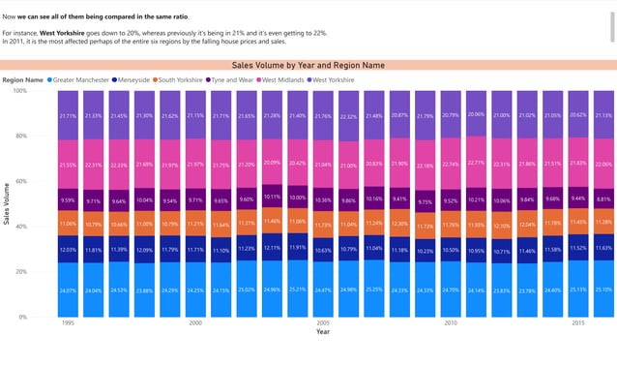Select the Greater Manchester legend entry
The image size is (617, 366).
pyautogui.click(x=81, y=79)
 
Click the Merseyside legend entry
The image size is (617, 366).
pyautogui.click(x=134, y=79)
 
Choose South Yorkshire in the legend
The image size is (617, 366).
pyautogui.click(x=181, y=79)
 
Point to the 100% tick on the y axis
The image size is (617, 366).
pyautogui.click(x=19, y=91)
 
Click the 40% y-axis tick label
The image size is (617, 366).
pyautogui.click(x=21, y=227)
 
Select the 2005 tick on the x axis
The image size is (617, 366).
pyautogui.click(x=323, y=323)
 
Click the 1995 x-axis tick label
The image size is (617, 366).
pyautogui.click(x=68, y=323)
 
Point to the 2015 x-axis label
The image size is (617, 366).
pyautogui.click(x=578, y=323)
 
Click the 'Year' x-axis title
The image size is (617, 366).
pyautogui.click(x=323, y=332)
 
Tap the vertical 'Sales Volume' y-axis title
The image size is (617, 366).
pyautogui.click(x=7, y=204)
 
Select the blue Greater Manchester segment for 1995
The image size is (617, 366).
pyautogui.click(x=68, y=290)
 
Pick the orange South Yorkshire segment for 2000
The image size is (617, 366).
pyautogui.click(x=195, y=223)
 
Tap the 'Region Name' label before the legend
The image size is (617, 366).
pyautogui.click(x=22, y=79)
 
